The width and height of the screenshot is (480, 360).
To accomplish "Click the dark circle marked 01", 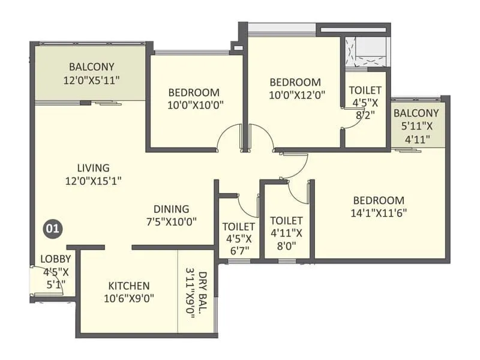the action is (x=53, y=229).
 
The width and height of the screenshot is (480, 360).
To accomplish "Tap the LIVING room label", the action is (x=94, y=168).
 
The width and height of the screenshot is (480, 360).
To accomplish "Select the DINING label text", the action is (x=171, y=209).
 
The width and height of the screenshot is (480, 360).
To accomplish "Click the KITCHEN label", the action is (x=129, y=286).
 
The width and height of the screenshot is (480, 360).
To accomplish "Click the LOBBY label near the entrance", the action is (x=56, y=259).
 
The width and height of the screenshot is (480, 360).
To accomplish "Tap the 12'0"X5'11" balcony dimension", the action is (x=91, y=80).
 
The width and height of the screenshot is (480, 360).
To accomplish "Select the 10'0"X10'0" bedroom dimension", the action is (x=196, y=106).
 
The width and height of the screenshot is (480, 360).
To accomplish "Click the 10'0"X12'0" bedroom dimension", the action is (x=297, y=95).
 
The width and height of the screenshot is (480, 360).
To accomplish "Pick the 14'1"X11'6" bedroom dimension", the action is (x=379, y=213).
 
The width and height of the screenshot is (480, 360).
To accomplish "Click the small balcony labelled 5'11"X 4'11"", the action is (x=416, y=126).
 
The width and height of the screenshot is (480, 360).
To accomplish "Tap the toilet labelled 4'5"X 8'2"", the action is (x=365, y=103).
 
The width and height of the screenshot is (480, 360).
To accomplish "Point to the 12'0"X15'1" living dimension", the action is (x=94, y=181).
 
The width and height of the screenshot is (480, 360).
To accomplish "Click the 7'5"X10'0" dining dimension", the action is (x=172, y=221).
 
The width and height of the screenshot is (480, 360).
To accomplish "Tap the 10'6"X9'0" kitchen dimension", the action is (x=129, y=298).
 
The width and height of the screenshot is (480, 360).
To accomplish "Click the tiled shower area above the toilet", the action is (x=366, y=52).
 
